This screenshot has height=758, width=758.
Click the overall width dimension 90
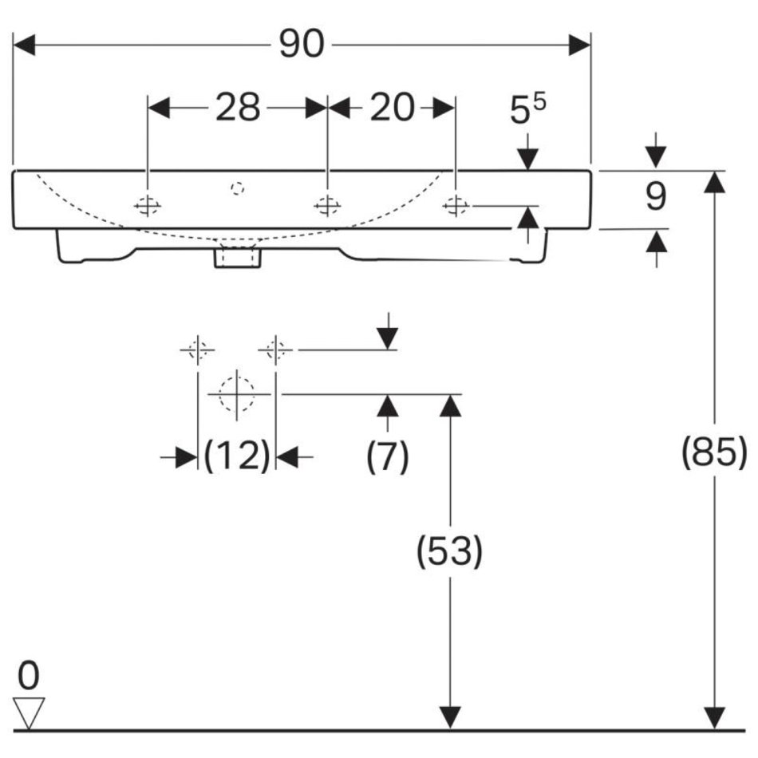301,44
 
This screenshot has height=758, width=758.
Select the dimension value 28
238,107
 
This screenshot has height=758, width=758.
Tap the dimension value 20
392,107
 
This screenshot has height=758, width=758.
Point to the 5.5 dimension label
528,109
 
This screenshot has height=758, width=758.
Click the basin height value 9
656,196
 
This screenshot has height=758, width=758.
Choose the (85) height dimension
714,452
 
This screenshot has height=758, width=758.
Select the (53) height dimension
449,551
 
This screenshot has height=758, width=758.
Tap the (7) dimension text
388,456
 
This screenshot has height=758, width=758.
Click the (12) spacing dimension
237,456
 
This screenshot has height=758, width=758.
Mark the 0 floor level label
29,676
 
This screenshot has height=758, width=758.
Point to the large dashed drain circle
236,394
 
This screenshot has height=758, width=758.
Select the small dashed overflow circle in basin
237,188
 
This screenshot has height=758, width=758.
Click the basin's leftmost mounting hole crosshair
148,206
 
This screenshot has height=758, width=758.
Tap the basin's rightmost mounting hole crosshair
456,206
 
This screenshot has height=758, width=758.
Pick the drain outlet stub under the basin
237,256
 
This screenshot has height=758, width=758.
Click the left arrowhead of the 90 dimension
24,45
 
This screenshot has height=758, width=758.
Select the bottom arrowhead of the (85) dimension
714,718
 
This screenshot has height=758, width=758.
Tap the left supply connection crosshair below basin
198,349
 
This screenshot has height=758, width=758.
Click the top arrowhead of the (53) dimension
450,405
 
